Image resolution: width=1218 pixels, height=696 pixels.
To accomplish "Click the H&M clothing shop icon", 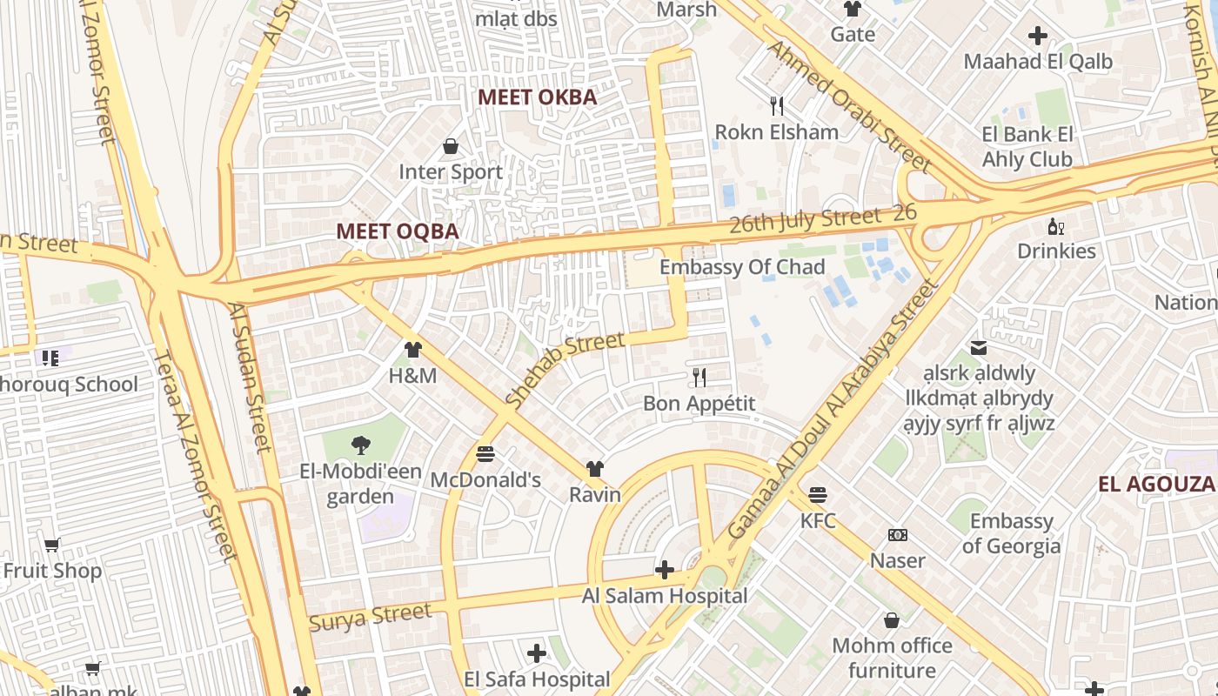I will coord(412,350).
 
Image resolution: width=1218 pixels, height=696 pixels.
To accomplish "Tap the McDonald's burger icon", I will coord(485,454).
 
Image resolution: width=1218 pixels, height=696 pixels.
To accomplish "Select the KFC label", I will coord(818,521).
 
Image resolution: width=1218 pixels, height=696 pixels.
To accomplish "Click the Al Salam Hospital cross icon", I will coord(665,571).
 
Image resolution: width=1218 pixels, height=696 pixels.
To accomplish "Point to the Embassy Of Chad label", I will coord(741,267).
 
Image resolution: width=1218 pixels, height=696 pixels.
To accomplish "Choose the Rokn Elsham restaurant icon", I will coord(777,106).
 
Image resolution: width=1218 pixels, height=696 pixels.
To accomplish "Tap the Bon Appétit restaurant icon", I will coord(699,378).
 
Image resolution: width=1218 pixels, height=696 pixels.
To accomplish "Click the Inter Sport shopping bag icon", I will coord(451,146).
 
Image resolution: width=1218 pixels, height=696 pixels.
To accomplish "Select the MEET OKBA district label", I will coord(538,97).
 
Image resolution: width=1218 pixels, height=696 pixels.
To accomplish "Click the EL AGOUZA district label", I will coord(1155,485).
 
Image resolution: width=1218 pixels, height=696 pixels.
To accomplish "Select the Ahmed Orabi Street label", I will coord(849,104).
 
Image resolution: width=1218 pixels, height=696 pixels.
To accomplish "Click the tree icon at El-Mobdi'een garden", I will coord(360,445).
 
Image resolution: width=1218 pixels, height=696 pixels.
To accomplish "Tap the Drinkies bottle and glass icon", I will coord(1056,227).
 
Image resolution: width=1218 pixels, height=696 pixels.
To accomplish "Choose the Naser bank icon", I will coord(898,535).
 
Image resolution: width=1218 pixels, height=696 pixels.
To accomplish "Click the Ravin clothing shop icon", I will coord(595,469).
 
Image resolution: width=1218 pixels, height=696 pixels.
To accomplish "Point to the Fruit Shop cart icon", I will coord(52,545).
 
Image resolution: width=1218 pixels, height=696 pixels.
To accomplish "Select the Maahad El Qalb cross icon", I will coord(1037,36).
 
